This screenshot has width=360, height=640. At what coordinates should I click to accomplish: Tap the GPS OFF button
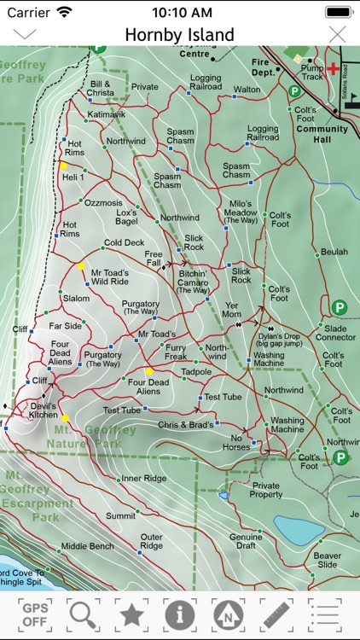34,614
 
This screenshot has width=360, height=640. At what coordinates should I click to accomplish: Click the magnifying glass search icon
83,614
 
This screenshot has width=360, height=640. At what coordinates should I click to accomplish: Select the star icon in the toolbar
131,614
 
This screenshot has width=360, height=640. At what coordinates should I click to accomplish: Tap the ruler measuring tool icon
276,614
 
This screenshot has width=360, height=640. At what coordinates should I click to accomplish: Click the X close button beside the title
338,34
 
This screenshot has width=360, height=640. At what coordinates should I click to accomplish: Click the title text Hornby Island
179,35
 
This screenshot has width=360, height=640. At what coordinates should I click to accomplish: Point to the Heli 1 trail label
73,177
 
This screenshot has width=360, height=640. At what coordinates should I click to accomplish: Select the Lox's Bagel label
126,217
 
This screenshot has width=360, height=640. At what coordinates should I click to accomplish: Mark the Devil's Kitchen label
44,410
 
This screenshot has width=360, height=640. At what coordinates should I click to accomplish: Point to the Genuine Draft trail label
245,542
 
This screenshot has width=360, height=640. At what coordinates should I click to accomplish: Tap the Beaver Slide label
327,559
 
